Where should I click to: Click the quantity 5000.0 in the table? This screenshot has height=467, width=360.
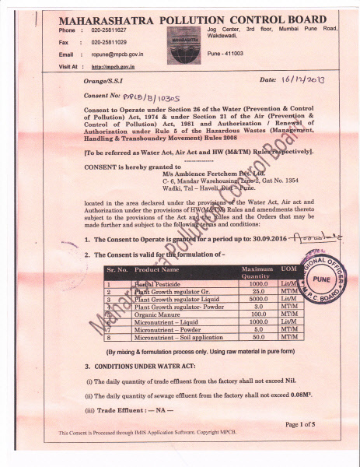(x=257, y=298)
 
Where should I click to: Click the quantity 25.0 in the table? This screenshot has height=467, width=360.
(x=258, y=291)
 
